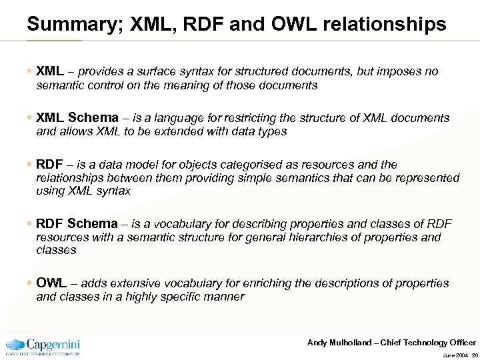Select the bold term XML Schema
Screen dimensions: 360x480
[x=77, y=118]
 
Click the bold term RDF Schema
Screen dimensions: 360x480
[x=77, y=224]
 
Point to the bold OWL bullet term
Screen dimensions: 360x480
[x=51, y=283]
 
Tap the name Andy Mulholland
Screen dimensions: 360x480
[x=339, y=343]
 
